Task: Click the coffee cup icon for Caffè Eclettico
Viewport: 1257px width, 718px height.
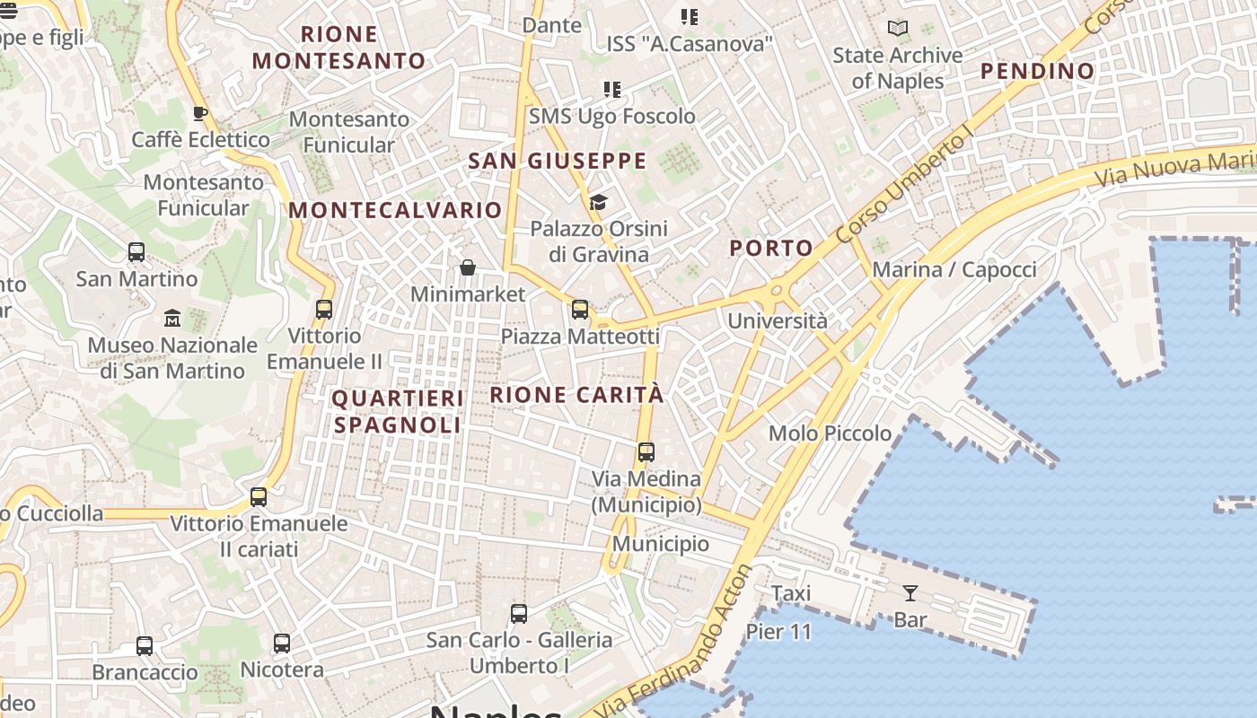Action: pyautogui.click(x=200, y=113)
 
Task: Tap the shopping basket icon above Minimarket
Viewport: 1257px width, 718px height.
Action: pyautogui.click(x=468, y=267)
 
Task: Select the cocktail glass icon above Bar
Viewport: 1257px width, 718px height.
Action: pyautogui.click(x=910, y=592)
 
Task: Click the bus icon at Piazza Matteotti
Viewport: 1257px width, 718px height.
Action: pyautogui.click(x=580, y=310)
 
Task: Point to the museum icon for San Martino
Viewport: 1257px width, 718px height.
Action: pyautogui.click(x=172, y=318)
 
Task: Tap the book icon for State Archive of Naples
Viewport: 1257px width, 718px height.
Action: pyautogui.click(x=897, y=28)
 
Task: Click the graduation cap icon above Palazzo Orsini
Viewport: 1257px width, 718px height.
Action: pyautogui.click(x=598, y=202)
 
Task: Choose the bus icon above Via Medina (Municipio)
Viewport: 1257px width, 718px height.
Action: pyautogui.click(x=646, y=452)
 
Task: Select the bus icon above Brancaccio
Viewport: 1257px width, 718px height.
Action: pyautogui.click(x=145, y=645)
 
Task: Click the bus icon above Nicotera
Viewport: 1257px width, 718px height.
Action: pyautogui.click(x=282, y=644)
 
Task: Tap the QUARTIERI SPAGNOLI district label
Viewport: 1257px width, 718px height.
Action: pyautogui.click(x=398, y=411)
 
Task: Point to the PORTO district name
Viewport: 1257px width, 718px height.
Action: pyautogui.click(x=771, y=249)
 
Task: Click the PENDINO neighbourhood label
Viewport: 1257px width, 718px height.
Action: pyautogui.click(x=1037, y=71)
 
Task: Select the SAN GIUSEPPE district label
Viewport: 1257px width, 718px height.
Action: pyautogui.click(x=558, y=162)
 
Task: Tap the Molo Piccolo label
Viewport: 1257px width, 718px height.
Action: pyautogui.click(x=831, y=433)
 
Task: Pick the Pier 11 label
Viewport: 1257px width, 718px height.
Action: pyautogui.click(x=778, y=632)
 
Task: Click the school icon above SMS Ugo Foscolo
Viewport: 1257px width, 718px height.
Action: pyautogui.click(x=612, y=90)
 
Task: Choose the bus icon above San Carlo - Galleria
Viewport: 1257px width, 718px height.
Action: pyautogui.click(x=519, y=614)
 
